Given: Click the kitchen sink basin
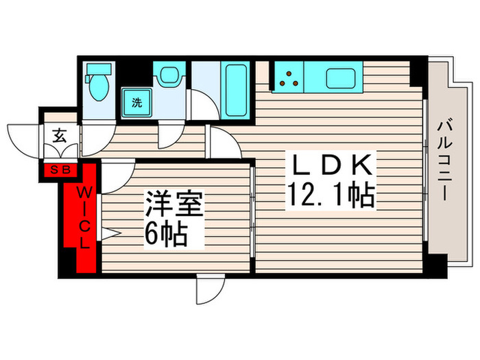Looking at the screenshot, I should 340,78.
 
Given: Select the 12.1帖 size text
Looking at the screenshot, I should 331,197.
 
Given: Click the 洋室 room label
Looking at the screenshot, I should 173,205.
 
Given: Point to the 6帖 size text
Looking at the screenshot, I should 167,235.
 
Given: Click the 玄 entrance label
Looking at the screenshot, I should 59,135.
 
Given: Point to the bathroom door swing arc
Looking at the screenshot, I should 203,110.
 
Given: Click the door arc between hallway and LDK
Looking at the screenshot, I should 221,143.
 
